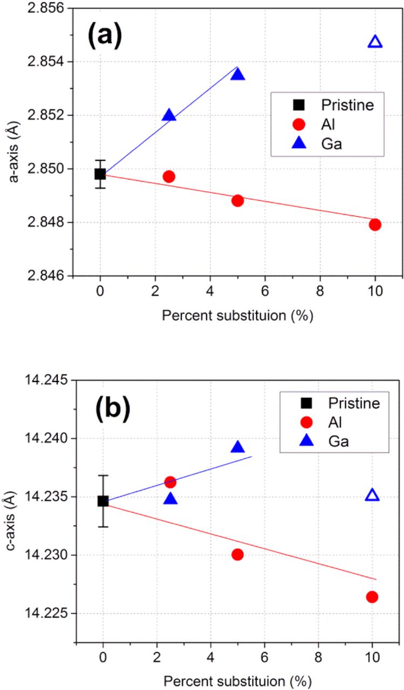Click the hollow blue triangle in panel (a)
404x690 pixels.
375,42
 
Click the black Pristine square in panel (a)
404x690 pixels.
100,174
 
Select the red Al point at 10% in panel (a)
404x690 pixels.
375,225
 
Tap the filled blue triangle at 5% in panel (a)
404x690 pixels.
237,74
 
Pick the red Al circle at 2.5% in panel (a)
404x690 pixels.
169,176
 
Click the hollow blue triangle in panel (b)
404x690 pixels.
372,495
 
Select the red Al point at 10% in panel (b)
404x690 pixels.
372,597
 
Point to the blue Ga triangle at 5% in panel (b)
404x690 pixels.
237,447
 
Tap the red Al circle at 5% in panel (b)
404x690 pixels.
237,555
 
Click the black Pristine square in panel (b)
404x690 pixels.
103,501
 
